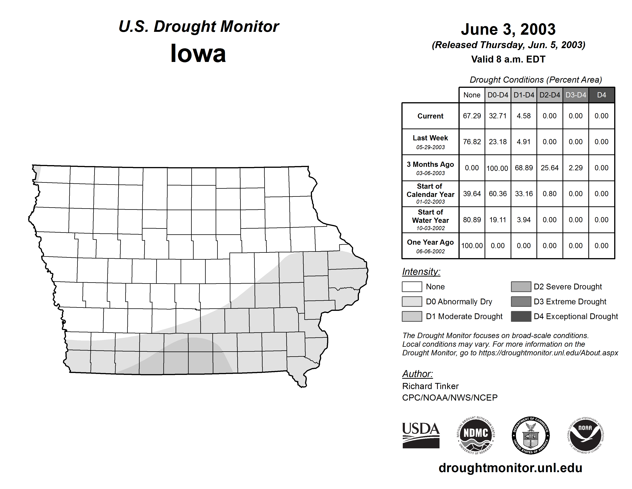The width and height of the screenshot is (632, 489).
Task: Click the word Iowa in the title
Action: coord(198,54)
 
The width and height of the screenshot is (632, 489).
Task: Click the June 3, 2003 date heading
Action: coord(508,29)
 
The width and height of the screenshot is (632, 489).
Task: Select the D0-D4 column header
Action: coord(498,95)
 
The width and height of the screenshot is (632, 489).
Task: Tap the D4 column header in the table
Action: coord(601,95)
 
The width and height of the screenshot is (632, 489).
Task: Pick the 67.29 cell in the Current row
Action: coord(472,116)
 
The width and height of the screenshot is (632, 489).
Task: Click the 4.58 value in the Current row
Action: coord(523,116)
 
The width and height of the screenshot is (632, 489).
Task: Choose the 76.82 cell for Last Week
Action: coord(472,142)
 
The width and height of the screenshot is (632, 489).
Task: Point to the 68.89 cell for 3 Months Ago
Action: coord(523,168)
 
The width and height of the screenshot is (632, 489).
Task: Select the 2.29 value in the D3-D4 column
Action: coord(575,168)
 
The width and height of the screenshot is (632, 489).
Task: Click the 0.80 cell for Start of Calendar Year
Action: coord(549,193)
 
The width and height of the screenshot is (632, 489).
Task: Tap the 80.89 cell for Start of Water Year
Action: coord(472,220)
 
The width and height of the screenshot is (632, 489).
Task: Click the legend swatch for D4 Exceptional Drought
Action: coord(521,316)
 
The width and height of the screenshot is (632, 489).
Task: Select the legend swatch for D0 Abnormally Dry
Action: coord(412,301)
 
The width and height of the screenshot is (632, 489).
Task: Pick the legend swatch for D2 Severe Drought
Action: coord(521,286)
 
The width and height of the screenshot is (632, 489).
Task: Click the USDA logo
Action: coord(421,435)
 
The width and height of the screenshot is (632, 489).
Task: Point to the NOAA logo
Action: coord(585,435)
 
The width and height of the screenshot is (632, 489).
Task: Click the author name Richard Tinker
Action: coord(430,386)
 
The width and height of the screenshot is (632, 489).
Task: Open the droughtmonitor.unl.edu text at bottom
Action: coord(510,468)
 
